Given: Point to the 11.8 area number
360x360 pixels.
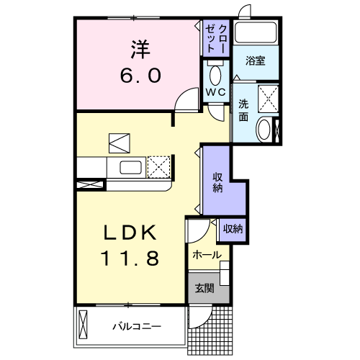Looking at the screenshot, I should pyautogui.click(x=130, y=257).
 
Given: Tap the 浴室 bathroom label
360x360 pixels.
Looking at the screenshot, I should pyautogui.click(x=254, y=61).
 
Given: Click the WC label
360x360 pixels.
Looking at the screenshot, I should pyautogui.click(x=215, y=94).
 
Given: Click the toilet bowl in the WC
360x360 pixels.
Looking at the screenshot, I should pyautogui.click(x=215, y=75).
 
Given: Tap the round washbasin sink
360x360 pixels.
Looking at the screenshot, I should pyautogui.click(x=265, y=130).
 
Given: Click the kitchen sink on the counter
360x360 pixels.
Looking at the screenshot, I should pyautogui.click(x=130, y=168).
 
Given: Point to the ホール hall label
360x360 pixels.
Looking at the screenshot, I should pyautogui.click(x=206, y=255).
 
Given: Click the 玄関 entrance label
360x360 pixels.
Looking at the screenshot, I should pyautogui.click(x=204, y=289).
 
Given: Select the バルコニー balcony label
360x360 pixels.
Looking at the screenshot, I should pyautogui.click(x=136, y=327).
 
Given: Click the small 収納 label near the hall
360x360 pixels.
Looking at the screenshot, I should pyautogui.click(x=233, y=228).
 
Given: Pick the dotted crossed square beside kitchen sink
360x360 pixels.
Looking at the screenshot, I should pyautogui.click(x=158, y=167).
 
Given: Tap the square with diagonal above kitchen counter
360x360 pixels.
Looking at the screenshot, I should pyautogui.click(x=118, y=142).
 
